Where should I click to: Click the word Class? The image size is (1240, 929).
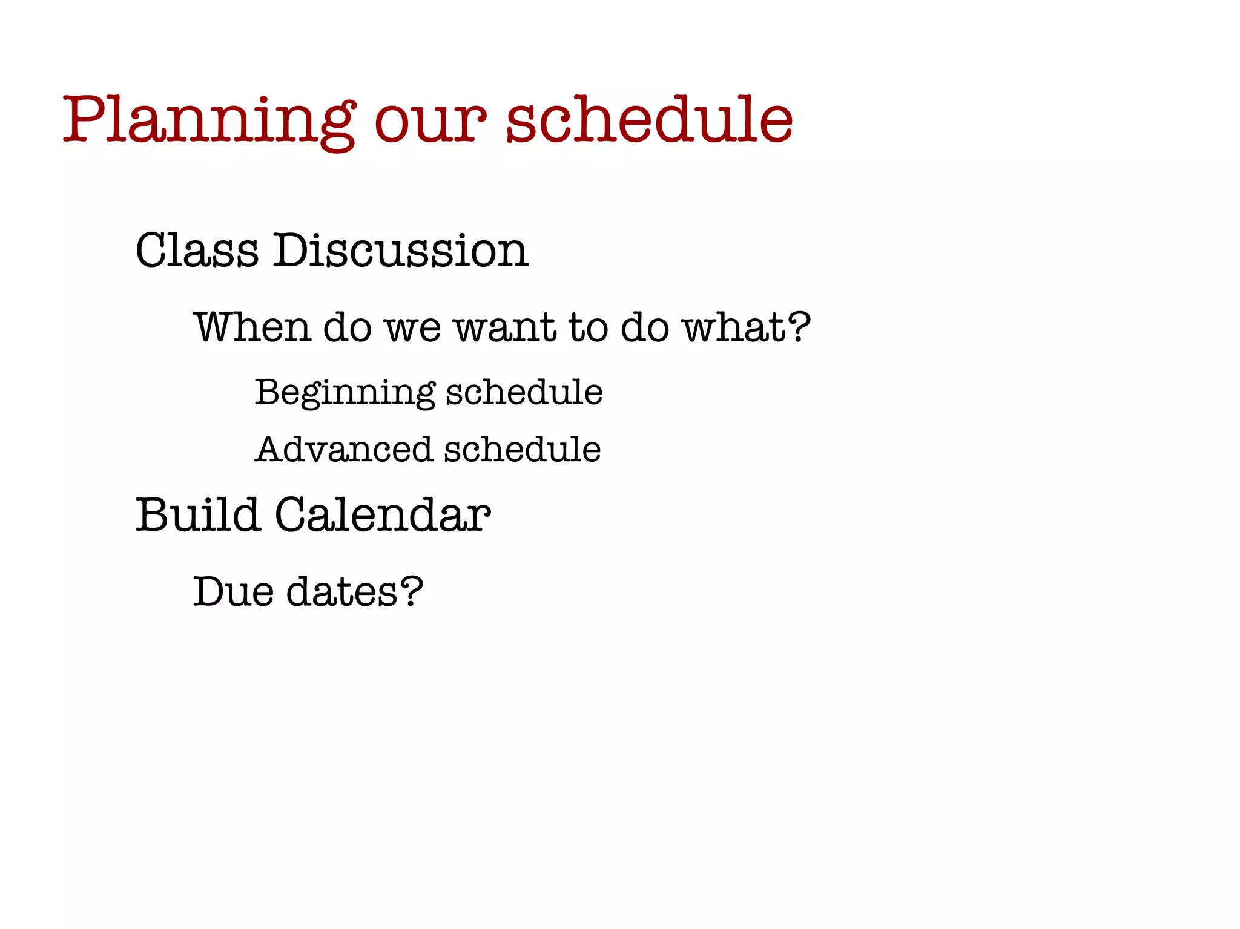(197, 250)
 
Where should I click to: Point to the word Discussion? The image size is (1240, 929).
(400, 250)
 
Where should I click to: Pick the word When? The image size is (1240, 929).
(252, 327)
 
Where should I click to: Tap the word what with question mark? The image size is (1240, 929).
(746, 327)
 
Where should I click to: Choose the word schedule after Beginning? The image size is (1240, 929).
(524, 392)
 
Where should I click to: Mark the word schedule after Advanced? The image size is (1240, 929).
(523, 450)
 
